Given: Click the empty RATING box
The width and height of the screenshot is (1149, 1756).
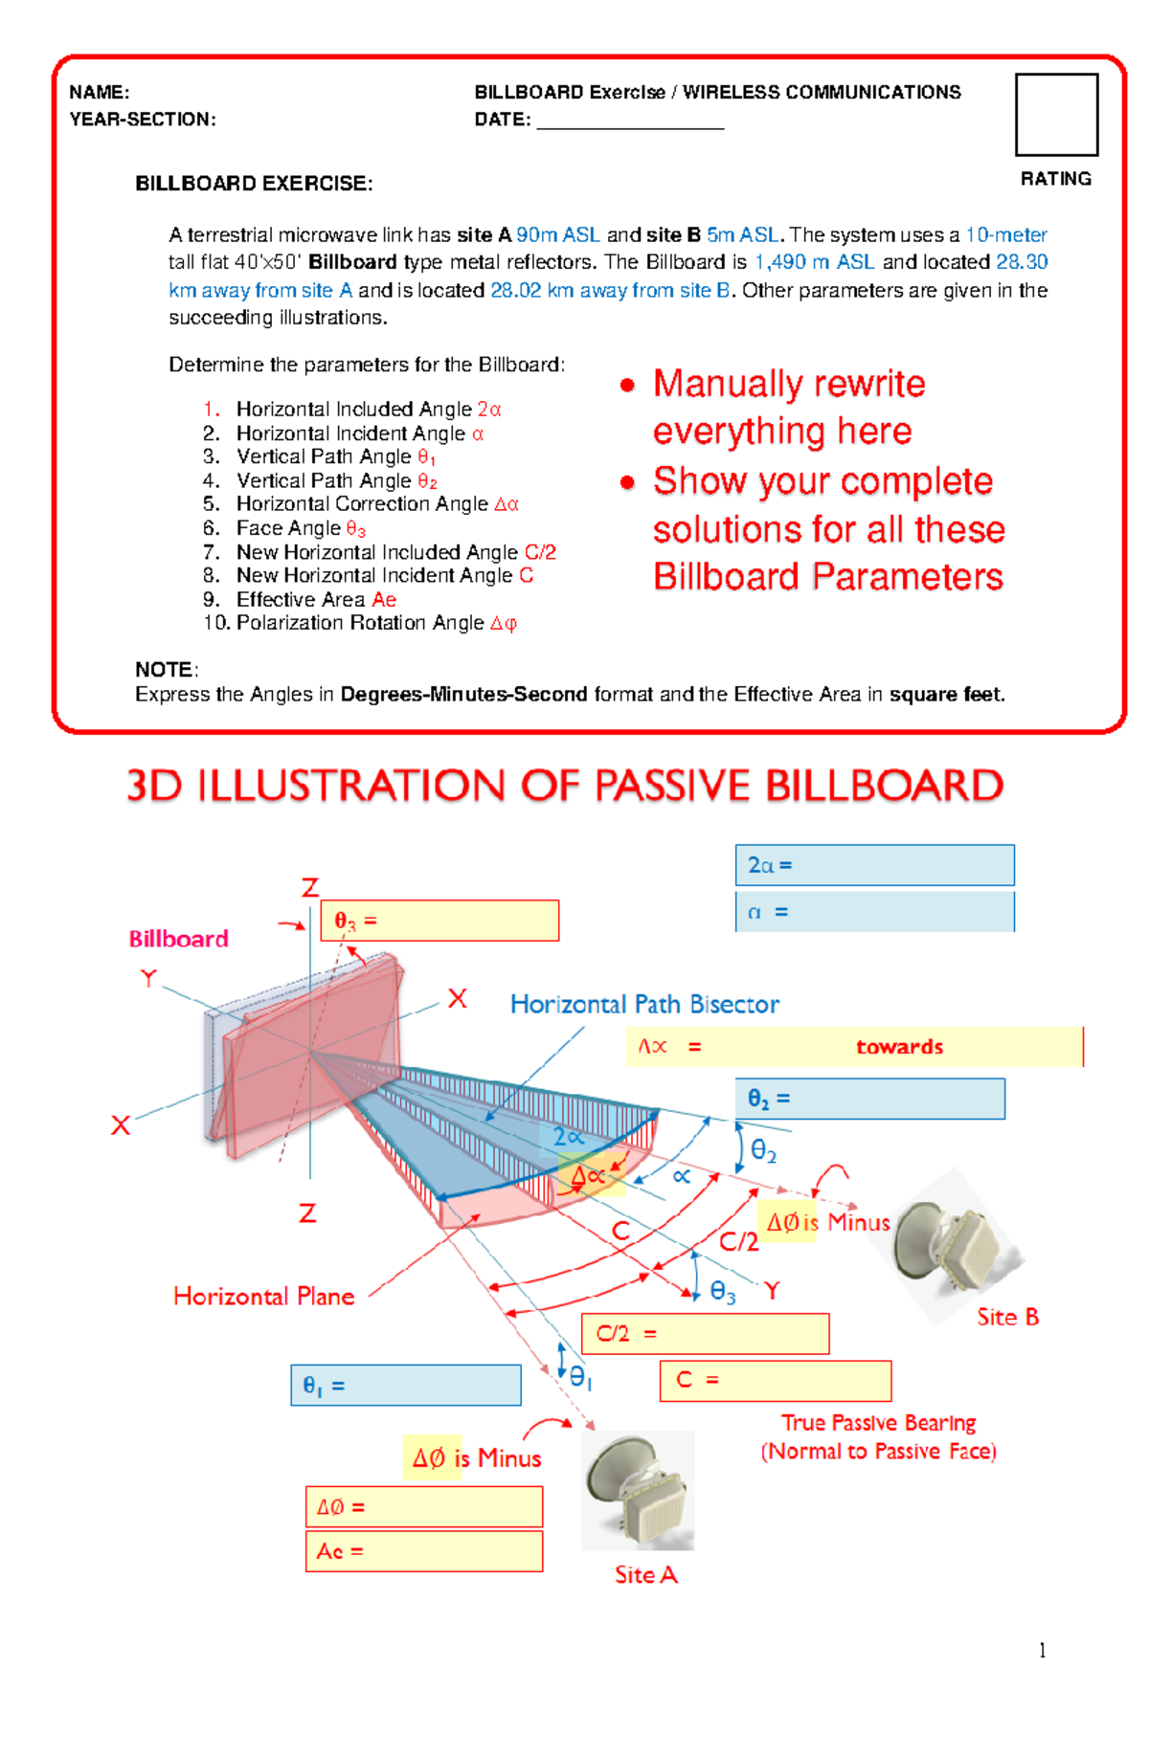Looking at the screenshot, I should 1056,114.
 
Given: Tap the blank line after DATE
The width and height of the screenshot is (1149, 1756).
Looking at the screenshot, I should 629,121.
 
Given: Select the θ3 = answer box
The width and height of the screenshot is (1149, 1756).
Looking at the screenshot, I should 439,921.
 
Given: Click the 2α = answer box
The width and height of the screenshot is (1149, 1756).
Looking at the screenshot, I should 874,865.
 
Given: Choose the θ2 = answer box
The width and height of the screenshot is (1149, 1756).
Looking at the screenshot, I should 869,1099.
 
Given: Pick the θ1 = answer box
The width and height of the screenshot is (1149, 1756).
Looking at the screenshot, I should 406,1385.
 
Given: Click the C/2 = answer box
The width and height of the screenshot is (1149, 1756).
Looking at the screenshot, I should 705,1333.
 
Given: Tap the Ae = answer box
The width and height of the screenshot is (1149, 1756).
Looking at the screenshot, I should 424,1551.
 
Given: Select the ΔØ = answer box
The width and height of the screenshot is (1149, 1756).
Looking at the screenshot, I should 424,1507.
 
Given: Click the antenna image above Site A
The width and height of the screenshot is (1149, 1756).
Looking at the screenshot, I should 639,1490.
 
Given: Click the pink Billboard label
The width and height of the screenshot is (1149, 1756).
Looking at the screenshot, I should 179,939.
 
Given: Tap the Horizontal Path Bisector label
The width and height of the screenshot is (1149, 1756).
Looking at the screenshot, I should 644,1004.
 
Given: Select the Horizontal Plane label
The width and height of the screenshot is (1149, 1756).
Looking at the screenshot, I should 263,1297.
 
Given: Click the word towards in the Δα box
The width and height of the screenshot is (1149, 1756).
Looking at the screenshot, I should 899,1047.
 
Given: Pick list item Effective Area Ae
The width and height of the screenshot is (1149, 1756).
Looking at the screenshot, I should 316,600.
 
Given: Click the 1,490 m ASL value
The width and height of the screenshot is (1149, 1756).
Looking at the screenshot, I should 814,262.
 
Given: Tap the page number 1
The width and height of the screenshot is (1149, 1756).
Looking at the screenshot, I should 1042,1650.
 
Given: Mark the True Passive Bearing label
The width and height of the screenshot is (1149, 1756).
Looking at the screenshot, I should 878,1423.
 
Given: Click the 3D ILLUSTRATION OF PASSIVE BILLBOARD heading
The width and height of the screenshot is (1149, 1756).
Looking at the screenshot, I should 565,786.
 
